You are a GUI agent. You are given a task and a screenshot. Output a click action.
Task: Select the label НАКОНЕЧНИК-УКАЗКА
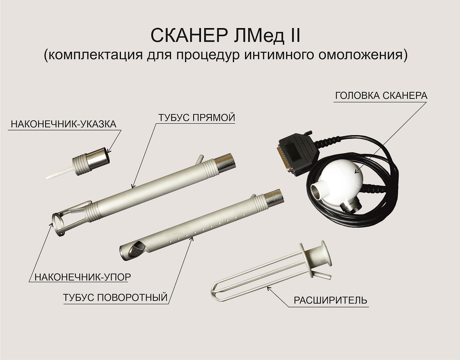pos(64,124)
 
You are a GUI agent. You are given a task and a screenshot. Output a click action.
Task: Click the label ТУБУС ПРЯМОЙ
pos(196,118)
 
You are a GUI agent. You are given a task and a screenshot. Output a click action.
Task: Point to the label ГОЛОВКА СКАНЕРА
pos(381,96)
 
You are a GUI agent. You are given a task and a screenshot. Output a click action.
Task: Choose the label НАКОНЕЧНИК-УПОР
pos(82,277)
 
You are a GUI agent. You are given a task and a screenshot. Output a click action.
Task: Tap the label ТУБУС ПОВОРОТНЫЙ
pos(115,297)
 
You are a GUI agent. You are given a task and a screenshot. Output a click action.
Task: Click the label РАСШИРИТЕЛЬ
pos(331,301)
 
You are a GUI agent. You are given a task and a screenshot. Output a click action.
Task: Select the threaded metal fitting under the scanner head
pos(350,203)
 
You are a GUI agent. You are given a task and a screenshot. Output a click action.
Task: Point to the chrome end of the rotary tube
pos(273,198)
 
